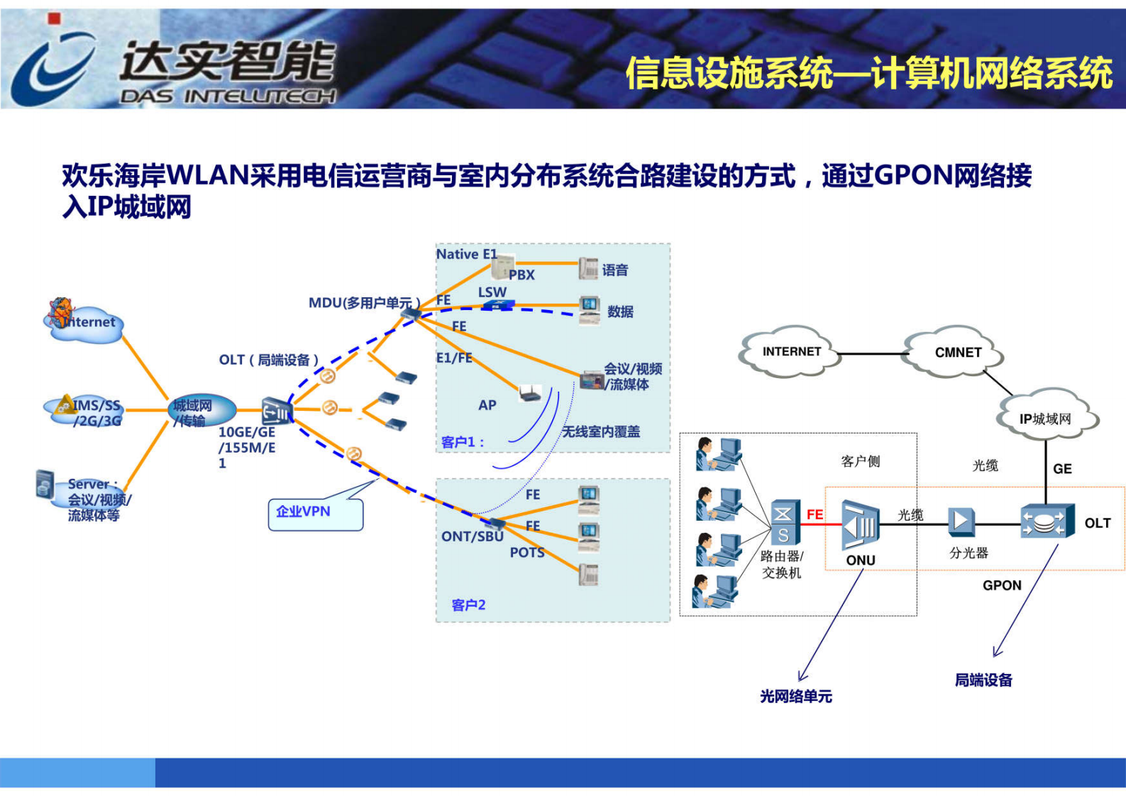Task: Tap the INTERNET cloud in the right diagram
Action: pyautogui.click(x=790, y=352)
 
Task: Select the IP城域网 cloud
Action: pyautogui.click(x=1046, y=419)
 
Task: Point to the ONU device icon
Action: pyautogui.click(x=860, y=526)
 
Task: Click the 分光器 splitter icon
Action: pyautogui.click(x=961, y=522)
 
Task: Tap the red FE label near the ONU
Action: pyautogui.click(x=815, y=514)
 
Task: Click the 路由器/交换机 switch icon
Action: pyautogui.click(x=784, y=524)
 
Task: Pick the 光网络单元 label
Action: pyautogui.click(x=795, y=697)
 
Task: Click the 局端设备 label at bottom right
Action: pyautogui.click(x=983, y=680)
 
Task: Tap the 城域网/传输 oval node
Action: pyautogui.click(x=200, y=410)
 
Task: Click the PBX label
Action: pyautogui.click(x=521, y=275)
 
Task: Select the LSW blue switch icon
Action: pyautogui.click(x=498, y=306)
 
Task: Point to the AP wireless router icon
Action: pyautogui.click(x=529, y=394)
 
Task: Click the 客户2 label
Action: pyautogui.click(x=468, y=605)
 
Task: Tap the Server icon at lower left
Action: pyautogui.click(x=45, y=484)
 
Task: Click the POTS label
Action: pyautogui.click(x=526, y=553)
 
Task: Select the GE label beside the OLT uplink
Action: pyautogui.click(x=1061, y=469)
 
